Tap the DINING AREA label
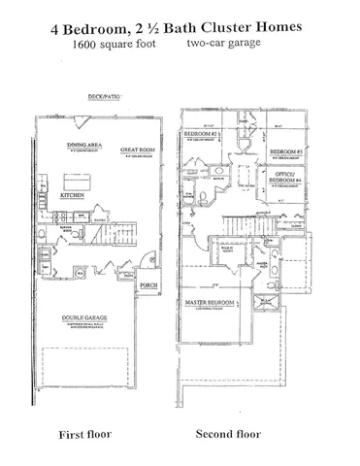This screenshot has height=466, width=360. click(x=81, y=145)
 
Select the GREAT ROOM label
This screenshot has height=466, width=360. click(x=136, y=150)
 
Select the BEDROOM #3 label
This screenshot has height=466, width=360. click(x=287, y=153)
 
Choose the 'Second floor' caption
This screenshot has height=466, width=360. click(x=226, y=432)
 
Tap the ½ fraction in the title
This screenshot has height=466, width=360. click(x=149, y=29)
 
